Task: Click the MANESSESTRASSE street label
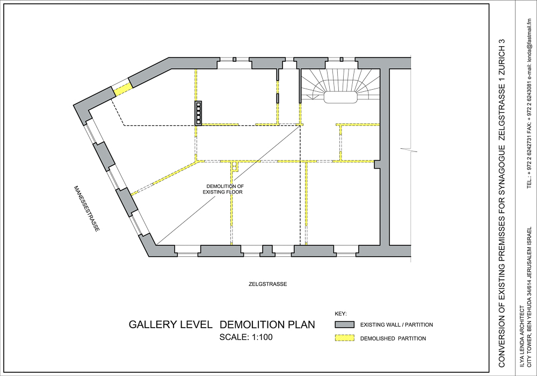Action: pyautogui.click(x=87, y=208)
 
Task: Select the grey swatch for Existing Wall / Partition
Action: pyautogui.click(x=345, y=324)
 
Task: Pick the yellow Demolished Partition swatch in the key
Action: pyautogui.click(x=345, y=338)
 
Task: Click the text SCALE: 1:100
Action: pyautogui.click(x=246, y=337)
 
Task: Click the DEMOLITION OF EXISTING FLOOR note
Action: pyautogui.click(x=223, y=189)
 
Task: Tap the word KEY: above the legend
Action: pyautogui.click(x=340, y=313)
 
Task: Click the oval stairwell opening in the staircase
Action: pyautogui.click(x=341, y=97)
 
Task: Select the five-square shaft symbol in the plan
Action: pyautogui.click(x=198, y=113)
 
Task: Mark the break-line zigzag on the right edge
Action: pyautogui.click(x=409, y=149)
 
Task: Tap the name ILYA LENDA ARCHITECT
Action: pyautogui.click(x=521, y=337)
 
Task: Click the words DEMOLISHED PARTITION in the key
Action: pyautogui.click(x=393, y=338)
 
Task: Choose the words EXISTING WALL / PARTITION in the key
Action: pyautogui.click(x=397, y=324)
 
